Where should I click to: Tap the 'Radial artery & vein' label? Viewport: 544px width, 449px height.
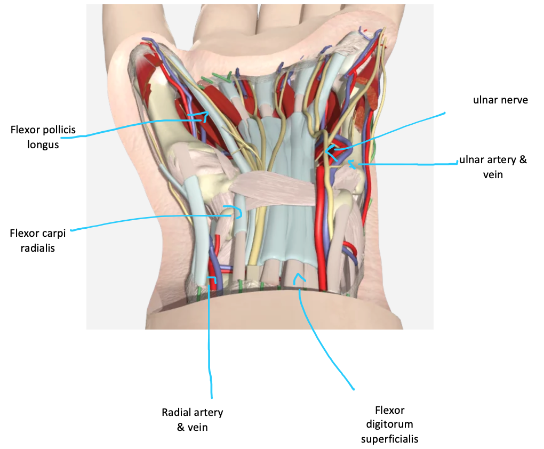pyautogui.click(x=192, y=419)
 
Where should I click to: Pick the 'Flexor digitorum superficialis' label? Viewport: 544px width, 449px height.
pyautogui.click(x=389, y=424)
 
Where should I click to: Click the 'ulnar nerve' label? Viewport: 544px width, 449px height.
pyautogui.click(x=500, y=100)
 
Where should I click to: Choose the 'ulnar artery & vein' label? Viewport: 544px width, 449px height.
pyautogui.click(x=493, y=166)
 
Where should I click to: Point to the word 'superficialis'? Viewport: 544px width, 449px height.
pyautogui.click(x=389, y=439)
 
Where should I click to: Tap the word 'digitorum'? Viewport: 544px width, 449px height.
pyautogui.click(x=390, y=424)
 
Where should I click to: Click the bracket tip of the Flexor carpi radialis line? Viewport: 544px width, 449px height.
pyautogui.click(x=239, y=213)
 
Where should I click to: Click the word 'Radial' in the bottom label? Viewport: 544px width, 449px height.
pyautogui.click(x=177, y=412)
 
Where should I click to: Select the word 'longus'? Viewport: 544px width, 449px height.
pyautogui.click(x=43, y=145)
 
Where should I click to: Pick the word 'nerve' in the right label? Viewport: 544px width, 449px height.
pyautogui.click(x=515, y=100)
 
